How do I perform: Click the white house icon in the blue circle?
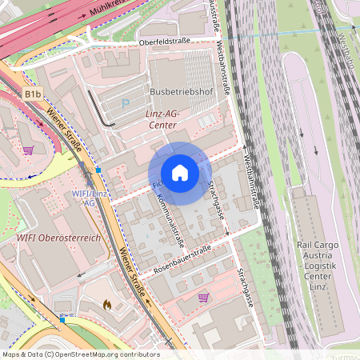180,173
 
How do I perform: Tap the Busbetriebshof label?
180,92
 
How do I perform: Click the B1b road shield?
32,94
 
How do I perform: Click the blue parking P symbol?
125,103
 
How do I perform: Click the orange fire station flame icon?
108,304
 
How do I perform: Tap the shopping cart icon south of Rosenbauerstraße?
203,298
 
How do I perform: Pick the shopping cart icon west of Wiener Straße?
28,150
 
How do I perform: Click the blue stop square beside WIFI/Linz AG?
98,170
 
